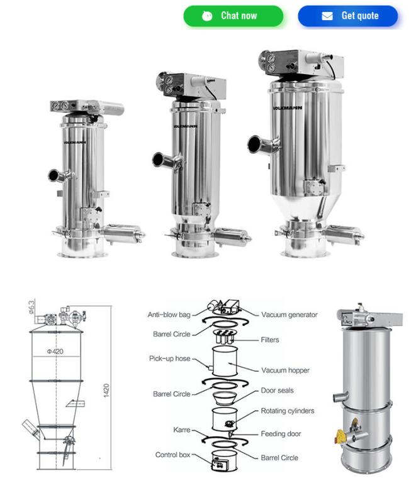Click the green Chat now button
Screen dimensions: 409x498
(x=233, y=16)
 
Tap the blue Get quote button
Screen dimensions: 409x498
(x=347, y=16)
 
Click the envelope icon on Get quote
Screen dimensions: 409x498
(x=327, y=16)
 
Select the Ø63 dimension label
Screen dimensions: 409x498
(x=31, y=307)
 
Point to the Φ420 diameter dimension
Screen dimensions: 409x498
(x=55, y=351)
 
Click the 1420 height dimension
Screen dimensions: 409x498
(x=106, y=391)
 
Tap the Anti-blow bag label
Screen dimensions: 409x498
(x=169, y=315)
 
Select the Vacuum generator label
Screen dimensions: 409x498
(x=289, y=315)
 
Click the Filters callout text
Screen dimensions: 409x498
(x=270, y=340)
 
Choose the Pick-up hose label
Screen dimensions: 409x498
(x=170, y=359)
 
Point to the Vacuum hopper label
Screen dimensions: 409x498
(x=285, y=371)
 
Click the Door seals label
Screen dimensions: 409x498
(x=277, y=391)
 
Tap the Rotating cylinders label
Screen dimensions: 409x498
(x=288, y=411)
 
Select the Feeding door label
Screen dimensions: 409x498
(x=281, y=434)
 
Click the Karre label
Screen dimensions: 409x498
(x=182, y=430)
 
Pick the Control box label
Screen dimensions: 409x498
(x=173, y=455)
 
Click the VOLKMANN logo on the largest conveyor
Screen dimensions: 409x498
(x=288, y=108)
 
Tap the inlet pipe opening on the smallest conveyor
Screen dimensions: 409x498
(x=53, y=175)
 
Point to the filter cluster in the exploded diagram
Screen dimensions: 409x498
(x=225, y=337)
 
